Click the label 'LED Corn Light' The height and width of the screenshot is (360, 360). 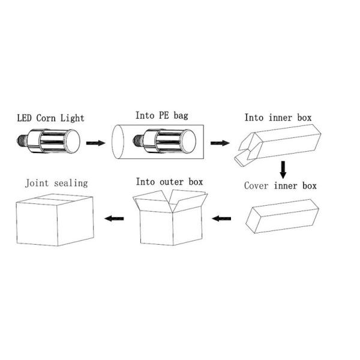[x=50, y=117]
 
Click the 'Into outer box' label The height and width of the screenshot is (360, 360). [x=169, y=181]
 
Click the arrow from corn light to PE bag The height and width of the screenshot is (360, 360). [x=95, y=144]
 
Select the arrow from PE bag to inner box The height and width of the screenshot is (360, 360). [x=220, y=143]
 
